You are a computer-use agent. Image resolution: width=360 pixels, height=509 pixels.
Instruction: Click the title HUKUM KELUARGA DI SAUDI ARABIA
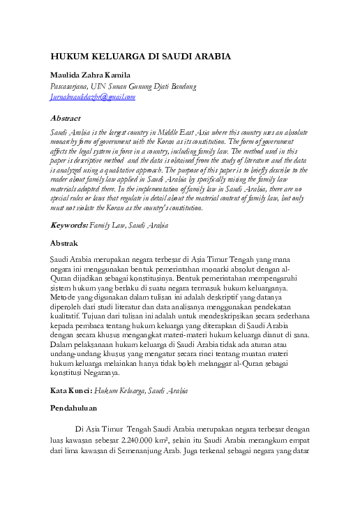tap(140, 57)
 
